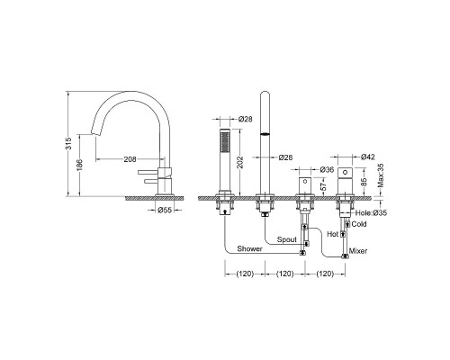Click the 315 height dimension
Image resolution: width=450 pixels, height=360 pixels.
[69, 143]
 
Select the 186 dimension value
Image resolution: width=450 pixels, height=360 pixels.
[79, 165]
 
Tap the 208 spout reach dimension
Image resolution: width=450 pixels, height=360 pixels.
[130, 159]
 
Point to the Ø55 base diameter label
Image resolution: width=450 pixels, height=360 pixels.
[165, 210]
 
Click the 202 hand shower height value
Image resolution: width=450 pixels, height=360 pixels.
[239, 162]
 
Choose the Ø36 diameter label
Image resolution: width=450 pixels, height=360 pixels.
[327, 170]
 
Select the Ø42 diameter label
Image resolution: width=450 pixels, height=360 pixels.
[368, 157]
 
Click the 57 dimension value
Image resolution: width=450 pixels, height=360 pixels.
[324, 186]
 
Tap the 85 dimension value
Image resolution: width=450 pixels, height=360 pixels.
[364, 182]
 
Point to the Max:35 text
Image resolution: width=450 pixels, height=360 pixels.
[381, 175]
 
